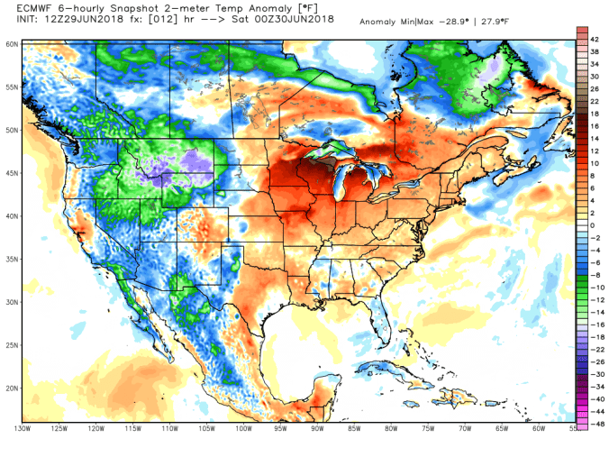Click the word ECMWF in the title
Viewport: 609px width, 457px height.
(x=24, y=7)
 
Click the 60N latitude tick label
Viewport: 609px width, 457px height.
(x=12, y=43)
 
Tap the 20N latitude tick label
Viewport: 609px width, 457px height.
(x=12, y=388)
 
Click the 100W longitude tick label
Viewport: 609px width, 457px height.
(x=242, y=429)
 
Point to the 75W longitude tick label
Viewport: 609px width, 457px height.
(x=426, y=429)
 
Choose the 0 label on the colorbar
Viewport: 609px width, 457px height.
(x=592, y=224)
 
